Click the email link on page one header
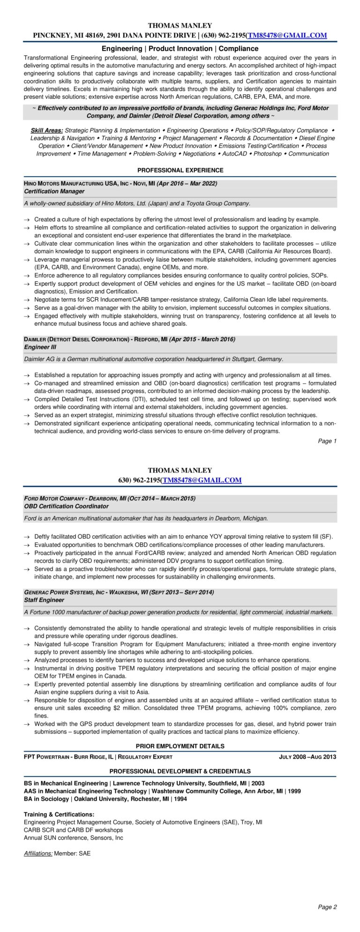pos(287,36)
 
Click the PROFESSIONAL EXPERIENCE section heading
pos(180,170)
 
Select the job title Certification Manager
pos(54,191)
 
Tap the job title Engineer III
pos(40,347)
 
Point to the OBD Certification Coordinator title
pos(66,506)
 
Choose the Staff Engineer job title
pos(44,600)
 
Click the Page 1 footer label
pos(327,441)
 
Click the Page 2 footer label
pos(327,907)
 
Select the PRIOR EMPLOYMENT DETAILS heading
pos(180,746)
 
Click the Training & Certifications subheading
pos(59,815)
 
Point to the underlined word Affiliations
pos(38,854)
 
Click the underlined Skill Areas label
pos(47,130)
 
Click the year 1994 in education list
pos(179,799)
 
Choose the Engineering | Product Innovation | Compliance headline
pos(180,48)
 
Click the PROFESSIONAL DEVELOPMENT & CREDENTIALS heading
pos(180,771)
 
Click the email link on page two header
pos(202,480)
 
